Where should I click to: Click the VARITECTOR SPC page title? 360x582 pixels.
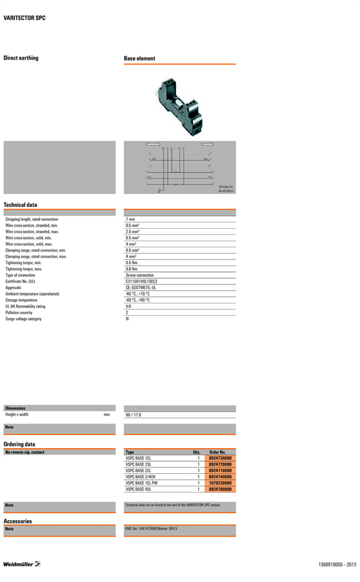(24, 18)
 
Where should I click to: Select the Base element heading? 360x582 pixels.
(139, 59)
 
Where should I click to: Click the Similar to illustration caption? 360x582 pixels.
(226, 189)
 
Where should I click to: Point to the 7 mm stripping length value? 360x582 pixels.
(130, 219)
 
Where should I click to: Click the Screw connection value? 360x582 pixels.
(140, 275)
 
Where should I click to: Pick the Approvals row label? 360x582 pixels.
(14, 288)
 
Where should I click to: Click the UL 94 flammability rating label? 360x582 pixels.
(25, 306)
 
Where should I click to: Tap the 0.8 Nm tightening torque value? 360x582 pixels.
(131, 269)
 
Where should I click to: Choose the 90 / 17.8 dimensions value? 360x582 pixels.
(133, 415)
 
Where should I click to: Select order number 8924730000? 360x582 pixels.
(220, 458)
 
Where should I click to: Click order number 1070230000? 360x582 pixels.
(220, 483)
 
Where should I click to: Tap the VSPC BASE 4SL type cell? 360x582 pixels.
(138, 489)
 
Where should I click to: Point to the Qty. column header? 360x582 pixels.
(196, 452)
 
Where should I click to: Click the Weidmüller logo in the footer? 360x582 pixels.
(22, 564)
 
